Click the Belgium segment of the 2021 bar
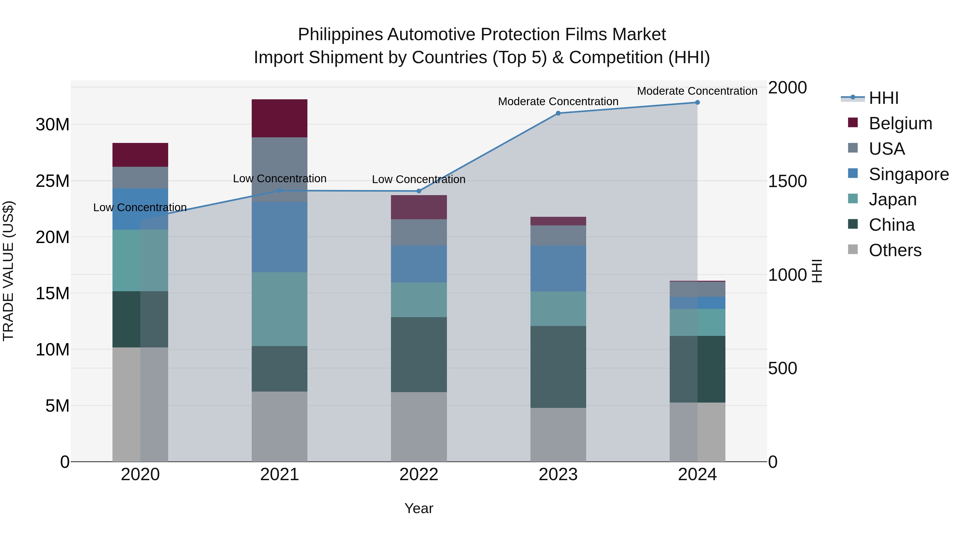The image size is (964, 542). [279, 118]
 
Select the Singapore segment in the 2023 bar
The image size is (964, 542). [558, 268]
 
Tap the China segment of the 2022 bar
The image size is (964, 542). [419, 355]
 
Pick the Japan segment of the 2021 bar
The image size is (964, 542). [279, 309]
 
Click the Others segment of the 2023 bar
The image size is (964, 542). [558, 435]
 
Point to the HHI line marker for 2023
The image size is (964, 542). [558, 113]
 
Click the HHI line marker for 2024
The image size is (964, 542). [697, 103]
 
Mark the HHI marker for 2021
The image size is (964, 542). [279, 191]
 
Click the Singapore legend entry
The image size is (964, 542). [909, 174]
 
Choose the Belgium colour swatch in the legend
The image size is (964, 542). [853, 123]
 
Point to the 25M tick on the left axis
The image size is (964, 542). [52, 181]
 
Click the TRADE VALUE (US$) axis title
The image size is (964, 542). [8, 271]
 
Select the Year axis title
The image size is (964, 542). [419, 508]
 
